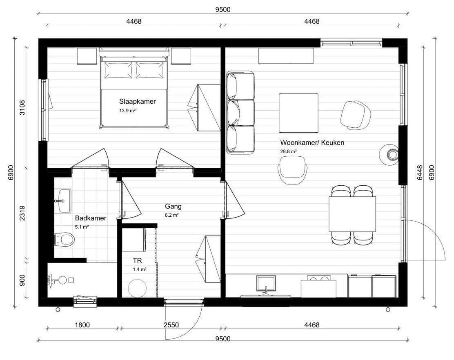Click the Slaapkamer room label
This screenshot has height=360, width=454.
[137, 102]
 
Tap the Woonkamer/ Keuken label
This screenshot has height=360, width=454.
[312, 143]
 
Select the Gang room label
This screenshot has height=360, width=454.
[173, 207]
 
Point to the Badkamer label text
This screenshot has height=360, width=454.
[91, 218]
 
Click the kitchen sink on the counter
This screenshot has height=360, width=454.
[266, 284]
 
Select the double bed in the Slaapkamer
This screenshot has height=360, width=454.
[134, 88]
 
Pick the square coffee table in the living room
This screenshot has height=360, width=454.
[298, 113]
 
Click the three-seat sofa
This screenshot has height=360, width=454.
[240, 112]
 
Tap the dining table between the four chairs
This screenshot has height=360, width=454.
[352, 214]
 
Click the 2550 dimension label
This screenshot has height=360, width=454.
[171, 325]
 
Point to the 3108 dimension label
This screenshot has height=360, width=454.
[22, 108]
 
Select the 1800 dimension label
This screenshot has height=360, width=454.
[82, 325]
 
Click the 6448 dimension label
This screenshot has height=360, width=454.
[420, 173]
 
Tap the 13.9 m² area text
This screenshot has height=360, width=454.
[127, 111]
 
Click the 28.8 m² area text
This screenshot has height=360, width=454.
[288, 151]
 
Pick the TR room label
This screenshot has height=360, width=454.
[137, 260]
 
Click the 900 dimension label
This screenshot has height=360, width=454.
[22, 280]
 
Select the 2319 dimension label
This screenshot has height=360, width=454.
[22, 213]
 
